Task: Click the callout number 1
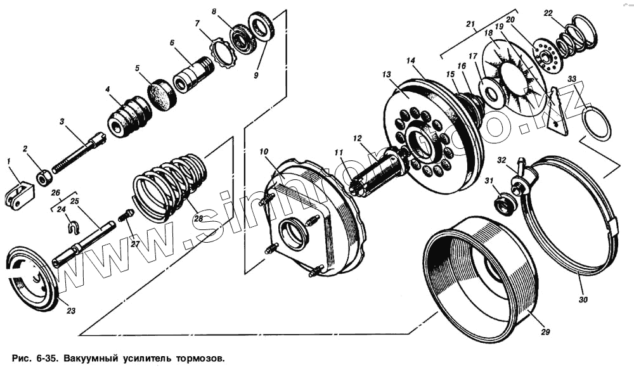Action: [10, 162]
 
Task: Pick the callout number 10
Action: [264, 152]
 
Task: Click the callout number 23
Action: [70, 311]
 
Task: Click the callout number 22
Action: [548, 13]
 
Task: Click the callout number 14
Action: [411, 61]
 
